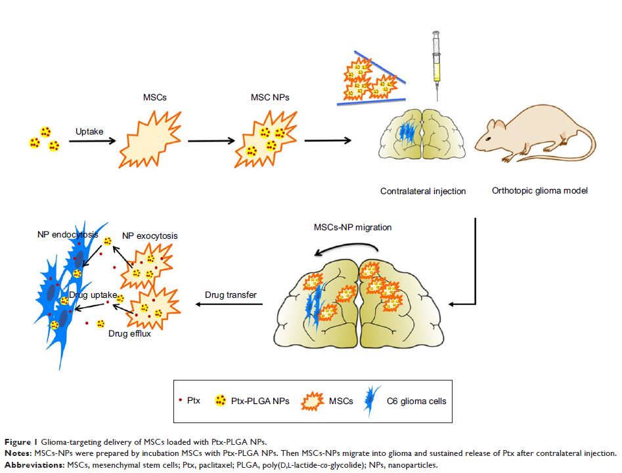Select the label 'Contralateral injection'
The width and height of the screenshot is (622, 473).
pos(423,192)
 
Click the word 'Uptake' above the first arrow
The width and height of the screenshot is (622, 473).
pos(91,131)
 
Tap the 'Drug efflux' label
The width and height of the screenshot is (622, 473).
pos(129,334)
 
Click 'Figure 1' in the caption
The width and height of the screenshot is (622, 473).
pos(20,441)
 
